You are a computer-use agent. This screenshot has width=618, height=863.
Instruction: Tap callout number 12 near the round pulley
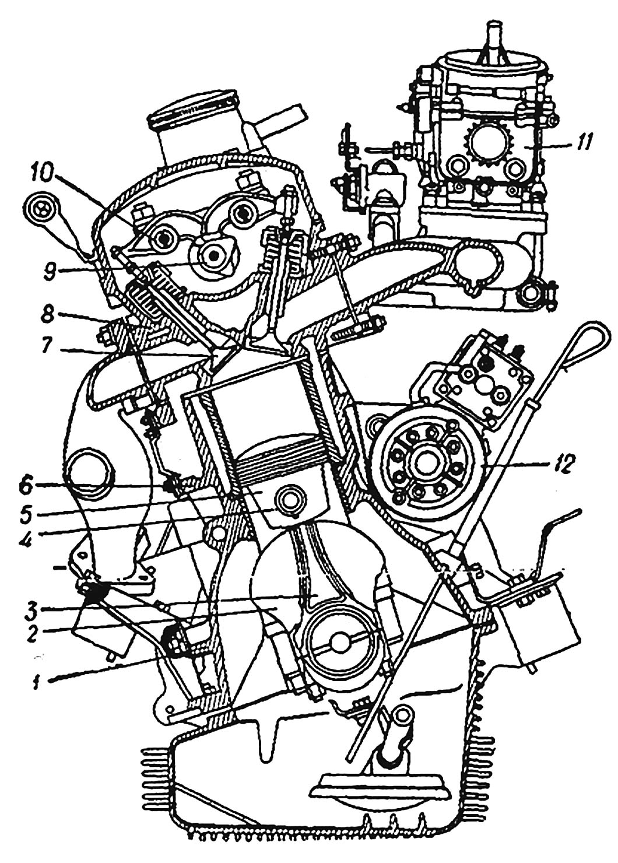pos(564,465)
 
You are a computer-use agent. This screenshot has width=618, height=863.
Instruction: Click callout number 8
pos(49,315)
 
